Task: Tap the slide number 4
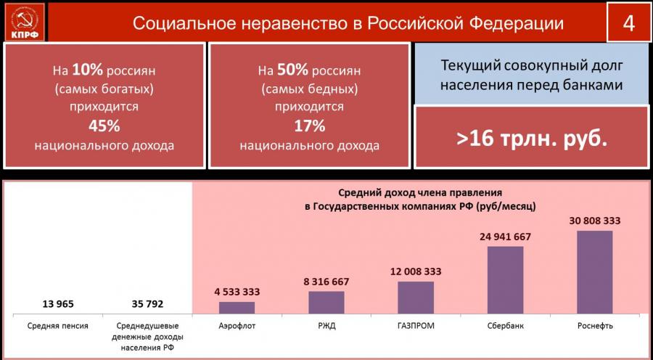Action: pyautogui.click(x=628, y=22)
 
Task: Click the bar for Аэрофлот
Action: pyautogui.click(x=237, y=307)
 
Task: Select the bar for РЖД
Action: pyautogui.click(x=326, y=302)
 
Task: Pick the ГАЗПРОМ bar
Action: pyautogui.click(x=416, y=297)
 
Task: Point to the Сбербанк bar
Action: pyautogui.click(x=505, y=279)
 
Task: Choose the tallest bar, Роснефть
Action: pyautogui.click(x=594, y=271)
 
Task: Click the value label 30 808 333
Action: pyautogui.click(x=594, y=221)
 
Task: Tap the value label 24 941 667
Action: pyautogui.click(x=505, y=237)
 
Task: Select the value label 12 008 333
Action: pyautogui.click(x=416, y=271)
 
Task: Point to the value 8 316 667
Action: pyautogui.click(x=326, y=282)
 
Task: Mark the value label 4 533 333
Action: pyautogui.click(x=237, y=292)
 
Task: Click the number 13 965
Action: pyautogui.click(x=58, y=303)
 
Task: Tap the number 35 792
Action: pyautogui.click(x=147, y=303)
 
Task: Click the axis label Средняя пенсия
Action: pyautogui.click(x=58, y=326)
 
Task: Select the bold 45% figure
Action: pyautogui.click(x=104, y=126)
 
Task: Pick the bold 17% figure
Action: pyautogui.click(x=309, y=126)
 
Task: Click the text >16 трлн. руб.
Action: pyautogui.click(x=531, y=139)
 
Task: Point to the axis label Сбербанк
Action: pyautogui.click(x=505, y=326)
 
